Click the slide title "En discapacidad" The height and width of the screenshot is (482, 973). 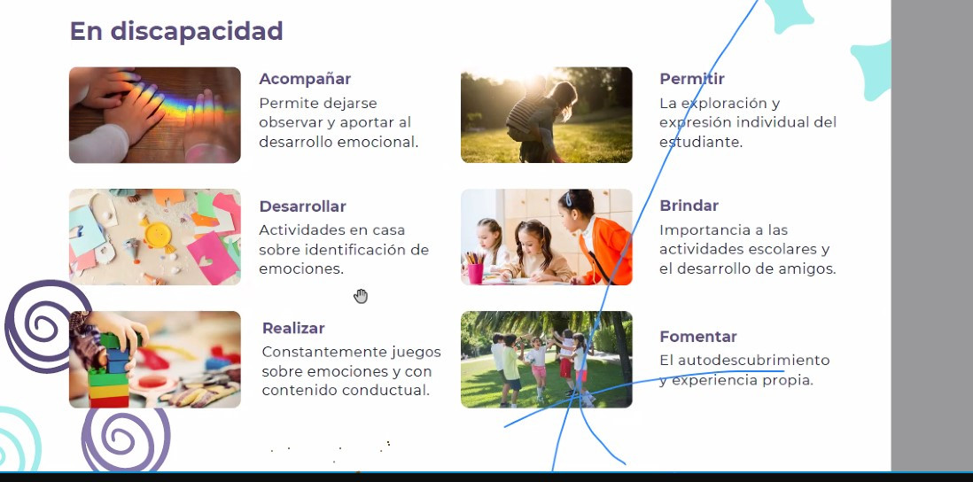[x=176, y=31]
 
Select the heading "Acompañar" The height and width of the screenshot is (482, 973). [x=305, y=79]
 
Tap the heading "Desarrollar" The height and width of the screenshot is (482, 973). [x=302, y=206]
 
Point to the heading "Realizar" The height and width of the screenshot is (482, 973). [x=293, y=328]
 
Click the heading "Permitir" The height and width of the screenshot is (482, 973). [x=692, y=79]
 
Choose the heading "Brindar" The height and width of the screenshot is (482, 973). [x=689, y=206]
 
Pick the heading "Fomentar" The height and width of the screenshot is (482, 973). [x=698, y=336]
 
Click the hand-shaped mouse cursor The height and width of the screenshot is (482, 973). [x=361, y=297]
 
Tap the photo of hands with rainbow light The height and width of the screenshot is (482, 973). [x=154, y=115]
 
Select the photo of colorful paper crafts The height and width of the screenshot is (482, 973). [x=154, y=237]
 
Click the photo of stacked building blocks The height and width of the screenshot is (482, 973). [x=154, y=359]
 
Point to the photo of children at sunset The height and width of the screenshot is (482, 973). [x=546, y=115]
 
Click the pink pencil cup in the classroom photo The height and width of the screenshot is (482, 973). [x=475, y=273]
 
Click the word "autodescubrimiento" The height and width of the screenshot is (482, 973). [x=753, y=360]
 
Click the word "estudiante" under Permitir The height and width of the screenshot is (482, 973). [x=700, y=142]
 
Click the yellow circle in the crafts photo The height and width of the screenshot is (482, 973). [x=159, y=235]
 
